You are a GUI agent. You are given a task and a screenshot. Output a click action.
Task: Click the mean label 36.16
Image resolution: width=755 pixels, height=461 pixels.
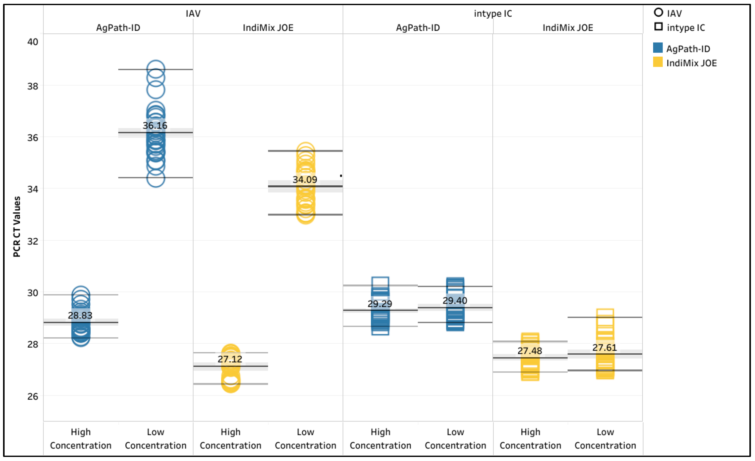tap(155, 125)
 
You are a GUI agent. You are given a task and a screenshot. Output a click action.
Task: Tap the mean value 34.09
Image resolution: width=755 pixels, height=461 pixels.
tap(305, 180)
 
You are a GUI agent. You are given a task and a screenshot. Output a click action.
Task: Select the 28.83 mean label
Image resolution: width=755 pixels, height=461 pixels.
tap(80, 315)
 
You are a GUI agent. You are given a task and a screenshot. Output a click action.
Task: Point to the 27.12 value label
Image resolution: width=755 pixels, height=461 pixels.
tap(230, 359)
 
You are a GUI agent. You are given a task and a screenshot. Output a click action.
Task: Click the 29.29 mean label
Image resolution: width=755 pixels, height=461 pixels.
tap(380, 304)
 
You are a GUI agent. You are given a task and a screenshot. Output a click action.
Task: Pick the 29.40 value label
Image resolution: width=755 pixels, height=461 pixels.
tap(455, 301)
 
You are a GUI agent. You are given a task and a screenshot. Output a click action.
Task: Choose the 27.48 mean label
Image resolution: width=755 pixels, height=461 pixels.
tap(530, 351)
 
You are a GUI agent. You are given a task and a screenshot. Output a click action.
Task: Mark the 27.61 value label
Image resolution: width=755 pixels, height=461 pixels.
tap(604, 348)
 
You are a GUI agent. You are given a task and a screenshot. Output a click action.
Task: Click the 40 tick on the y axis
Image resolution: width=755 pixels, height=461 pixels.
tap(33, 42)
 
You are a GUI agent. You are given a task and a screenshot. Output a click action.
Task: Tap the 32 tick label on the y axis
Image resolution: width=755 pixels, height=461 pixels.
tap(33, 241)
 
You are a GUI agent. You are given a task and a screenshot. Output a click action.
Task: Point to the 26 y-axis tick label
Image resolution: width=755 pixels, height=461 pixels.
tap(33, 396)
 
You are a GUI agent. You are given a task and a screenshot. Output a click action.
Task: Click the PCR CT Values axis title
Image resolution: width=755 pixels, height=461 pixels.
tap(17, 227)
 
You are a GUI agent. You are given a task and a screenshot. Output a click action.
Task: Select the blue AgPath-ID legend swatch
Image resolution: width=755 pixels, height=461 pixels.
tap(658, 48)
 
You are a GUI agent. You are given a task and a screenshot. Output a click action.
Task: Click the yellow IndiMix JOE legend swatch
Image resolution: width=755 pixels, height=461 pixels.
tap(658, 62)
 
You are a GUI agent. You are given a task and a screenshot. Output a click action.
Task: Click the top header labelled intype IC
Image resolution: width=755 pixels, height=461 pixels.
tap(493, 14)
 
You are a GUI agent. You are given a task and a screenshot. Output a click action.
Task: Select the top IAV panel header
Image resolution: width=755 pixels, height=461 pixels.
tap(193, 14)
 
